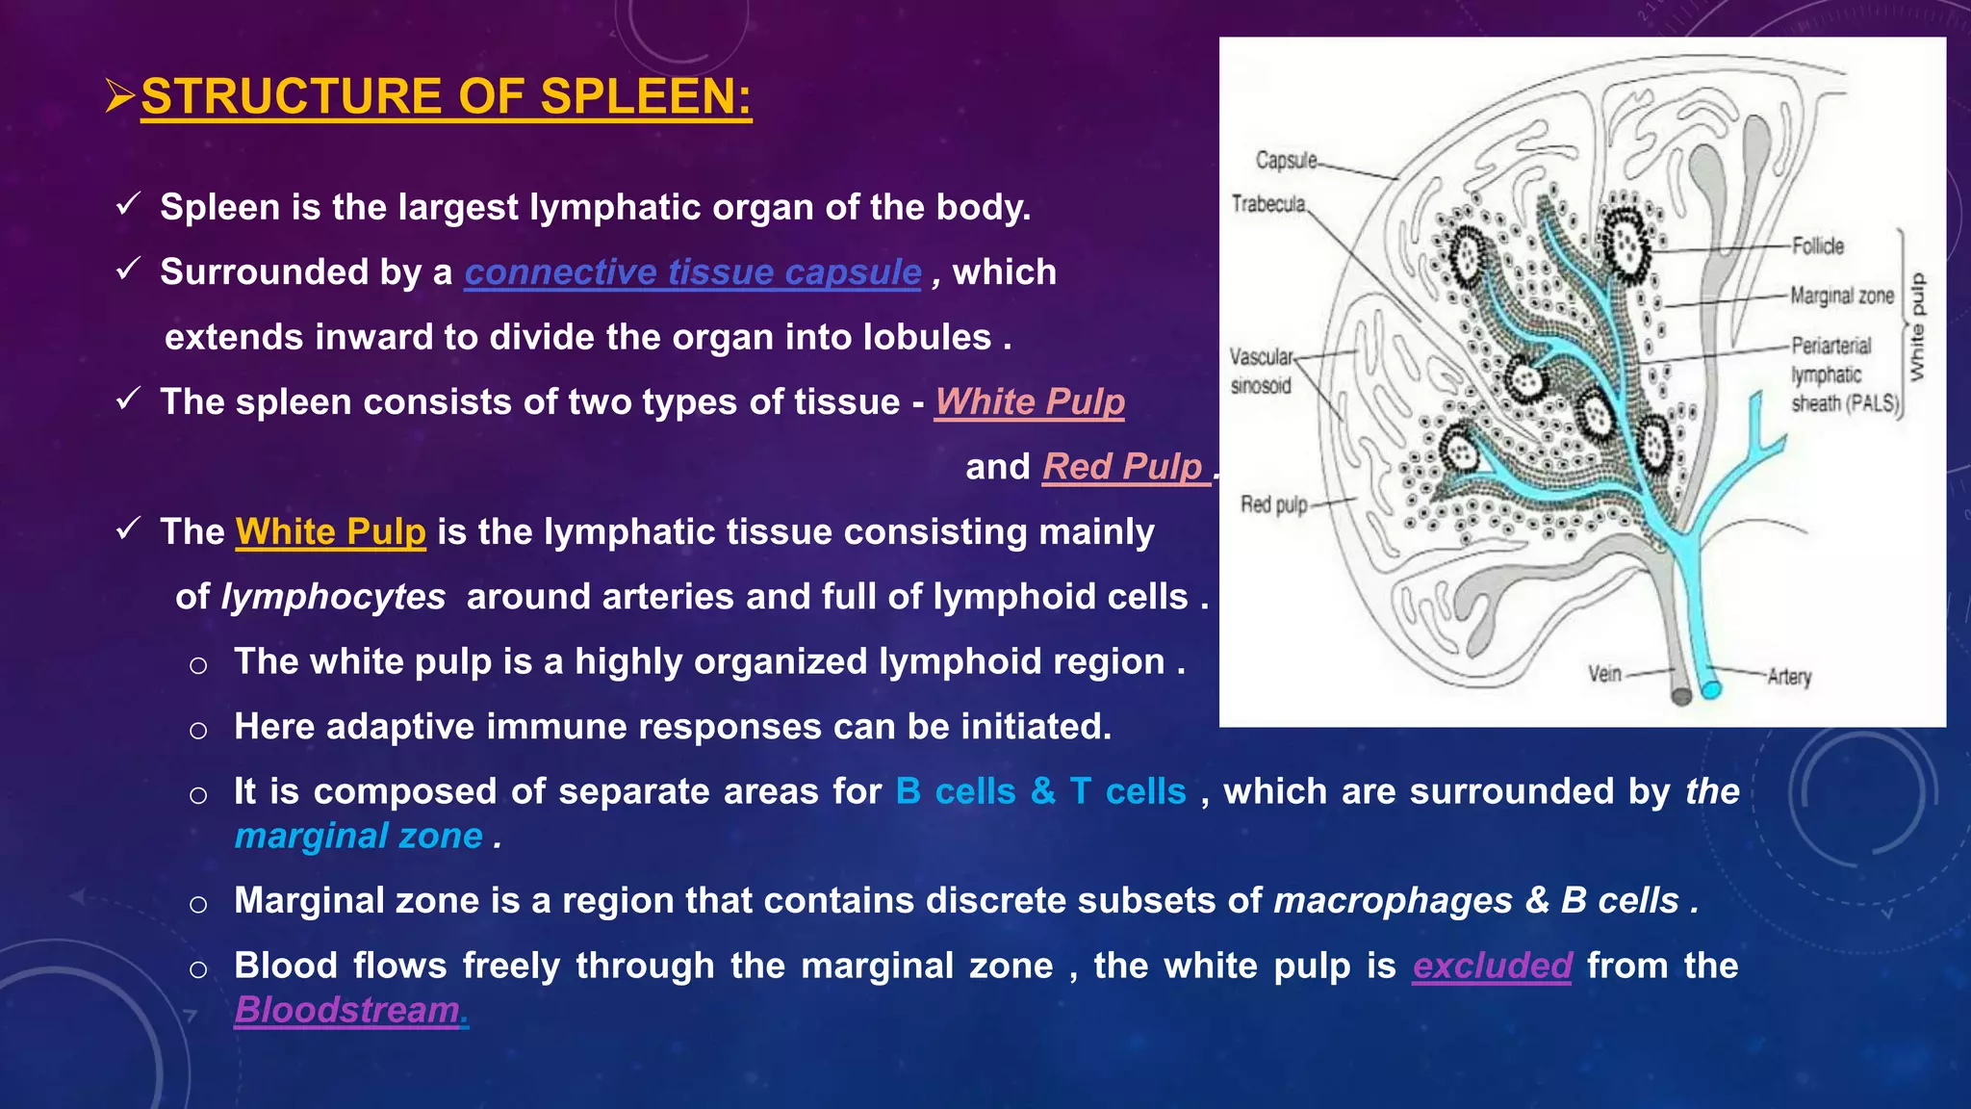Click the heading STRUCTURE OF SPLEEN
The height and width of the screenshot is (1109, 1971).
(x=446, y=97)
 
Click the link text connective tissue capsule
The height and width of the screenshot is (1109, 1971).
(x=693, y=272)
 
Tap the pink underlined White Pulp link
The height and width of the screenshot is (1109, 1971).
(x=1030, y=402)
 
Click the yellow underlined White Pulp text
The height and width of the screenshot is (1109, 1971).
(x=330, y=532)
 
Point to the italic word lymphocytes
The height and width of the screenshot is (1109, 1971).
(x=333, y=597)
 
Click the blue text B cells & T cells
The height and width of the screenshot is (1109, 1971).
(x=1040, y=791)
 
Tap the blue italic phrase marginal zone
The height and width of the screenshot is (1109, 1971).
(x=358, y=836)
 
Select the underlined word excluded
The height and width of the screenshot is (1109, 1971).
(x=1492, y=966)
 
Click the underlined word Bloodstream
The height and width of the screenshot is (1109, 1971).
(x=350, y=1010)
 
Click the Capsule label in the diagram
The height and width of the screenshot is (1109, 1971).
(x=1286, y=160)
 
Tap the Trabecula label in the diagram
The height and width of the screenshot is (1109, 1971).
(x=1268, y=204)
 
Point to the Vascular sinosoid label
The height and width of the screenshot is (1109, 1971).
(x=1261, y=372)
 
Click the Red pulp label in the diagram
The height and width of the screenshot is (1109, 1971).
(x=1273, y=504)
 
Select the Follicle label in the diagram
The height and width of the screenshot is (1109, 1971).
(x=1817, y=246)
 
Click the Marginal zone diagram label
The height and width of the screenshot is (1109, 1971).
(x=1841, y=296)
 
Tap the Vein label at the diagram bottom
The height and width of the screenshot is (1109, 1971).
(x=1604, y=674)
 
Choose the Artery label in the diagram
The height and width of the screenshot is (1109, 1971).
(x=1789, y=677)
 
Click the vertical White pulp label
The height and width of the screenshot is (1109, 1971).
(x=1916, y=327)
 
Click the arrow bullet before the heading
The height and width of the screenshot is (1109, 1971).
(x=119, y=97)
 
